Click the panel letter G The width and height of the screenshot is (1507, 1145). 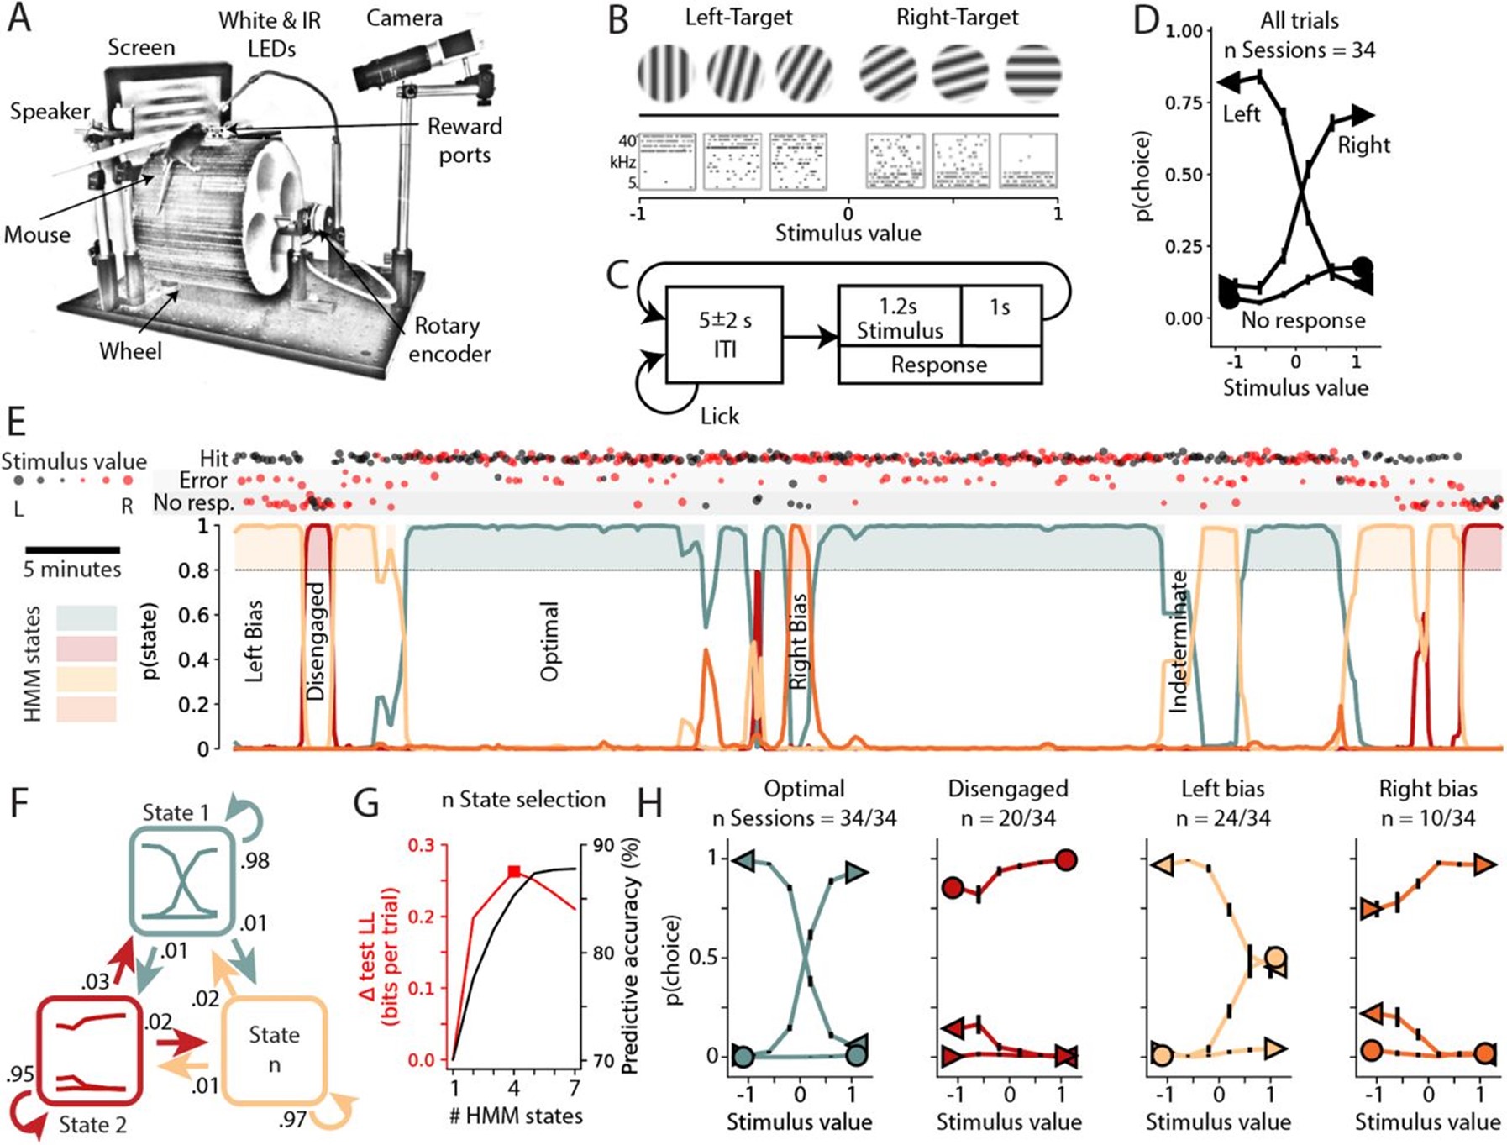(366, 803)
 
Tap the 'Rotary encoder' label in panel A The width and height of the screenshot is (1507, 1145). (449, 339)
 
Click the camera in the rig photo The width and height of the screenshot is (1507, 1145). (412, 61)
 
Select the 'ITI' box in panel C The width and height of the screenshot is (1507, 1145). (724, 334)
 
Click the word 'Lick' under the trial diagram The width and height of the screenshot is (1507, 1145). (720, 416)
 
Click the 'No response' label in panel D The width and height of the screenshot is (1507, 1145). (1303, 320)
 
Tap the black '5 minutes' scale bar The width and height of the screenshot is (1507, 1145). (72, 549)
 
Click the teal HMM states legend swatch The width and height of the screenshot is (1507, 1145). (87, 617)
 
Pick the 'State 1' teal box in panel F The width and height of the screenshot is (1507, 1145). (181, 880)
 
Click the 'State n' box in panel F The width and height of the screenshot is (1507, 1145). (274, 1049)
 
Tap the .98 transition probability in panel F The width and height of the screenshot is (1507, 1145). (255, 860)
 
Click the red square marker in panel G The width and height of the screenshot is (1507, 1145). (515, 872)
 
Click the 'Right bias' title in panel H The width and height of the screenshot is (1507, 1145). (1427, 789)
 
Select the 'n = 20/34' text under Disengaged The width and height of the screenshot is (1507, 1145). (1008, 817)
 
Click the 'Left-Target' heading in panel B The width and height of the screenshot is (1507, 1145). (738, 17)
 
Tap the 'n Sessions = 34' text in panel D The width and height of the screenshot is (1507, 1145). (1299, 50)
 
